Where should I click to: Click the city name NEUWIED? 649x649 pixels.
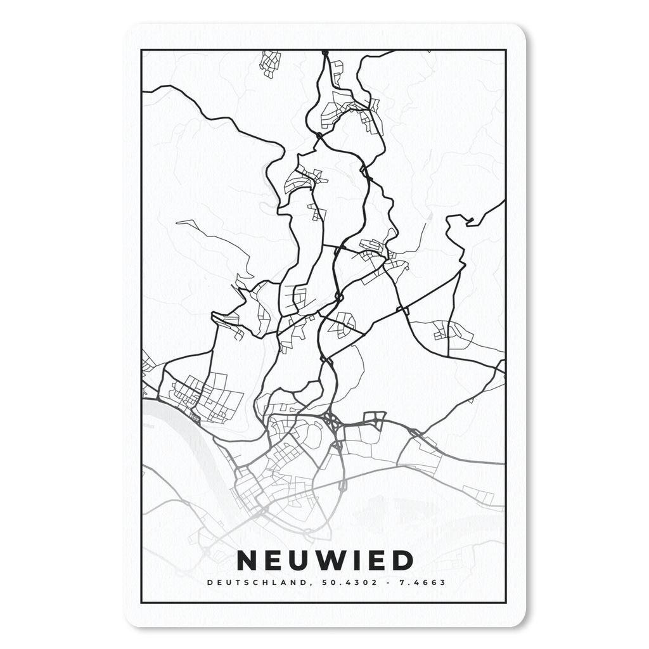pyautogui.click(x=324, y=560)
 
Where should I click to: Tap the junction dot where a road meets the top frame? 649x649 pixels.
pyautogui.click(x=324, y=51)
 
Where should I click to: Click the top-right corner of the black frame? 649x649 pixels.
pyautogui.click(x=505, y=50)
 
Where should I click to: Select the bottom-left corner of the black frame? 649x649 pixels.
pyautogui.click(x=142, y=602)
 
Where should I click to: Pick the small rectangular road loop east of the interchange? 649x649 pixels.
pyautogui.click(x=374, y=418)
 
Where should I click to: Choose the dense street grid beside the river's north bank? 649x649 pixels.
pyautogui.click(x=203, y=396)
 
